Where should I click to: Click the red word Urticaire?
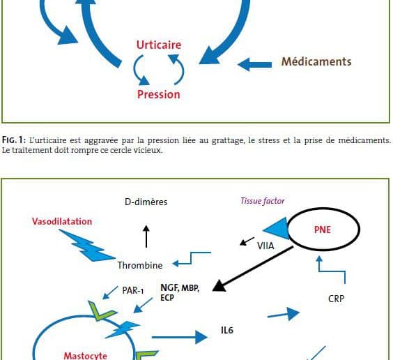159,45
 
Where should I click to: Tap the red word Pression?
159,95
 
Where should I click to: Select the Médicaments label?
316,61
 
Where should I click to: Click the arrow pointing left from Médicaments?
254,64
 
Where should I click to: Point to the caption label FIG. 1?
14,140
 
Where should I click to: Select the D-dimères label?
146,202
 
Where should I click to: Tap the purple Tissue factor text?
263,201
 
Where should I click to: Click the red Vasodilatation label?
62,221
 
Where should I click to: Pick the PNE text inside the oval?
323,230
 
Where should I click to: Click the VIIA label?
265,246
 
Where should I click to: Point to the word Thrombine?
140,265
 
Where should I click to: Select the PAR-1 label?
133,290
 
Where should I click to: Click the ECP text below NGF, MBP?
167,298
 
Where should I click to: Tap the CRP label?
336,299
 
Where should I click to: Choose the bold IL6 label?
227,330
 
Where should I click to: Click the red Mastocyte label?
86,356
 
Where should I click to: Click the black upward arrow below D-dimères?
146,237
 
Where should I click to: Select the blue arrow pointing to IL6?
180,337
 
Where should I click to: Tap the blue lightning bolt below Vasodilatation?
87,246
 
